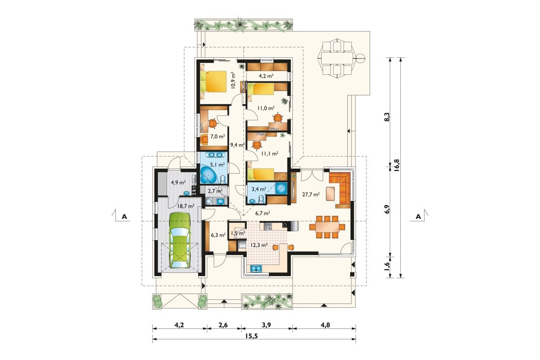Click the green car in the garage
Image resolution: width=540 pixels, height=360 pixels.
point(180,240)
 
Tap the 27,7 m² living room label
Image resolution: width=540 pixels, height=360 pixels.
point(311,194)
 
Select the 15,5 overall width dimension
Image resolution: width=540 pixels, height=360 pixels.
point(252,336)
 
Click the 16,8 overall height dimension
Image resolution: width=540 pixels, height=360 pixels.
point(397,165)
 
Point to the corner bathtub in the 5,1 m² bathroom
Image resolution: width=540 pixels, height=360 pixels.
point(209,175)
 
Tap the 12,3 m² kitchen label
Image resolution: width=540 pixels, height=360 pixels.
point(259,245)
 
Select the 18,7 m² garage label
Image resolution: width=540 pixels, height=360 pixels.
point(186,206)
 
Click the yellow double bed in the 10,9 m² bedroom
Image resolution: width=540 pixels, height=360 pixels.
point(214,81)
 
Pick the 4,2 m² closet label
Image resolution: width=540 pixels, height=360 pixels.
point(266,76)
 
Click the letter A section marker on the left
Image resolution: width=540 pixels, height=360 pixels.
point(124,216)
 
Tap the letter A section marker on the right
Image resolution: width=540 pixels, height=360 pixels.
point(418,216)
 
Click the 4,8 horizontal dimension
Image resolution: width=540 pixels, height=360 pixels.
point(325,325)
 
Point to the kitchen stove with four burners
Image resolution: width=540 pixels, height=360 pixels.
point(268,226)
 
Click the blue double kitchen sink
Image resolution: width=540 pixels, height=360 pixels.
point(256,268)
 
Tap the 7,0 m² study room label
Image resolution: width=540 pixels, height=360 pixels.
point(218,136)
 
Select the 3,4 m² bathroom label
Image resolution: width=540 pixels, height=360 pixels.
point(259,189)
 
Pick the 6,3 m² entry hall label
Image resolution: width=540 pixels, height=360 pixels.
point(218,235)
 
